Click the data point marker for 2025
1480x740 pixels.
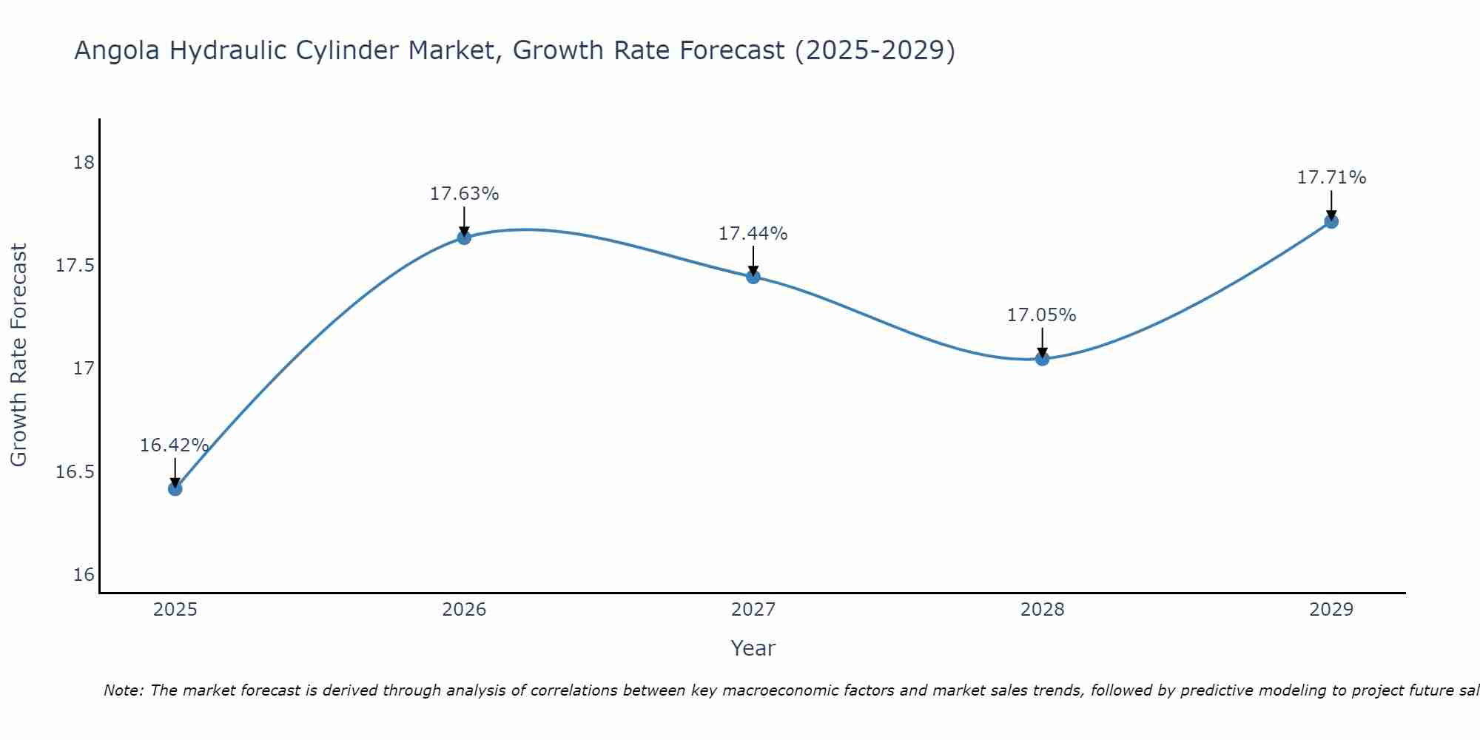(175, 488)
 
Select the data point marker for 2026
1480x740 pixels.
(464, 238)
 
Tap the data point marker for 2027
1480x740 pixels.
(753, 277)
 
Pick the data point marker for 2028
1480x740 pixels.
(1042, 359)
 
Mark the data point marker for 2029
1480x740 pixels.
(1331, 221)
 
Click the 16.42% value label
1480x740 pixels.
(175, 445)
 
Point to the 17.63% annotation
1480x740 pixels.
(464, 194)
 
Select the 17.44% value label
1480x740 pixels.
(753, 234)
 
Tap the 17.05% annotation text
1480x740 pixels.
(1041, 315)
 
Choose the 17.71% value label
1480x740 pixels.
(1331, 178)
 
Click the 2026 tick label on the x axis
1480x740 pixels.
(464, 610)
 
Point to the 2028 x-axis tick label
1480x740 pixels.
(1042, 610)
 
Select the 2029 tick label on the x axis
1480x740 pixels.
(1331, 610)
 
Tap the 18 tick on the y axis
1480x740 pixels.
(84, 162)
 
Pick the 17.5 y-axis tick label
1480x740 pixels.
(75, 266)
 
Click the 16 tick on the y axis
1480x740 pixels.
(84, 575)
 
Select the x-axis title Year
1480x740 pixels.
(753, 648)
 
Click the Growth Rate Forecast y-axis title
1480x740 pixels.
(18, 355)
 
